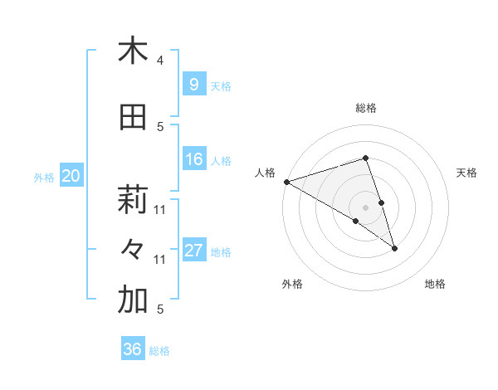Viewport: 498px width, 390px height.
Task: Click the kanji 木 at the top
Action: click(133, 51)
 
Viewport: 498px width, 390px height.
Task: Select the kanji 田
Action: click(133, 118)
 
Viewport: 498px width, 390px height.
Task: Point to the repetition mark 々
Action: click(133, 249)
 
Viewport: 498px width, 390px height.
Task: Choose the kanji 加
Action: click(133, 300)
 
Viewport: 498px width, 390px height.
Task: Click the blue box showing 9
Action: click(194, 85)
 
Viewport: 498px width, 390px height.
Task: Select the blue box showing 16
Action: click(194, 160)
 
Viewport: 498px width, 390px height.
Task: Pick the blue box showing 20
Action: click(71, 176)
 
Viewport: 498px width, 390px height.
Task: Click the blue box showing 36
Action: click(133, 349)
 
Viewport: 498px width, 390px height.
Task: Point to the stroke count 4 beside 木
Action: click(160, 61)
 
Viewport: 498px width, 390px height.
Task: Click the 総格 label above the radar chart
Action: click(365, 108)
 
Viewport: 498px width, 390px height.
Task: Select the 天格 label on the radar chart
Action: click(466, 173)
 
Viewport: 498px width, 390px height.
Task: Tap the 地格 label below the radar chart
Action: click(435, 284)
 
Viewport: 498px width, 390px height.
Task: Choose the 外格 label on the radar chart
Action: click(292, 284)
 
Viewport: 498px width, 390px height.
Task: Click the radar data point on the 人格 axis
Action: click(286, 181)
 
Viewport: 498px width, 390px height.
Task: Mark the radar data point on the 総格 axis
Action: click(365, 158)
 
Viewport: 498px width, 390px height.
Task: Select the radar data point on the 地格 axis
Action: click(394, 247)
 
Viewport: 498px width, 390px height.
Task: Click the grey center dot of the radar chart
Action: click(365, 207)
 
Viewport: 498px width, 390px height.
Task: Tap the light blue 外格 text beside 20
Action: click(44, 177)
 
